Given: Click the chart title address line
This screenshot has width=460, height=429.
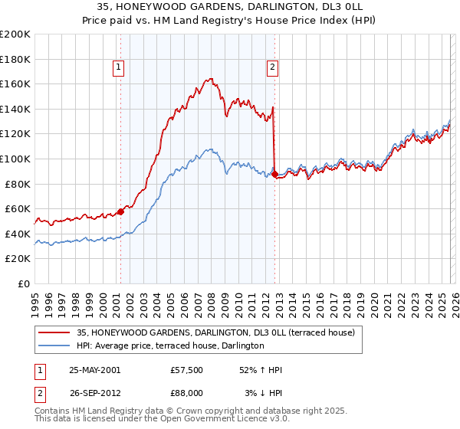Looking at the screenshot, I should point(230,6).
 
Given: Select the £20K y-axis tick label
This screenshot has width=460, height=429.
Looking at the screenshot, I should point(18,259).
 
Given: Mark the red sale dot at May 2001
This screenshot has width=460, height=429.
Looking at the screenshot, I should point(121,211).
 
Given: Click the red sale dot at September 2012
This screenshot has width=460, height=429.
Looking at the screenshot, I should point(274,173).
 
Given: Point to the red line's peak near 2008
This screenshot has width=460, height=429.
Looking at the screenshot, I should point(210,78).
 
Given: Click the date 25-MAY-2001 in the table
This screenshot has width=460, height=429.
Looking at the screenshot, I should point(95,369).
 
